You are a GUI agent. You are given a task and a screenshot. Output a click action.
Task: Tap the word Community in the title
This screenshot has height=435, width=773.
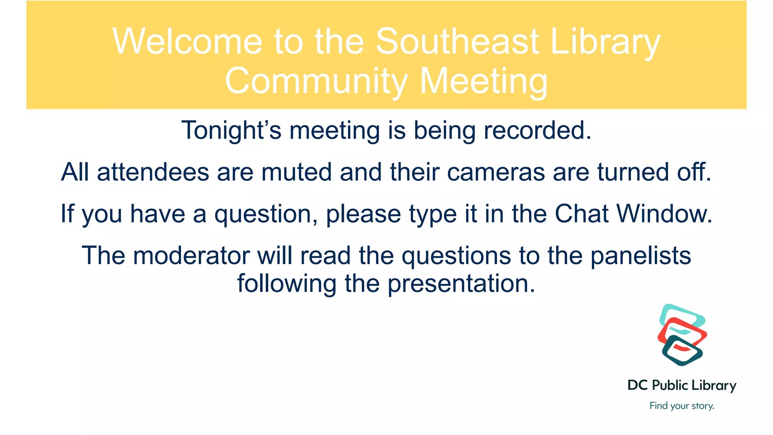coord(316,82)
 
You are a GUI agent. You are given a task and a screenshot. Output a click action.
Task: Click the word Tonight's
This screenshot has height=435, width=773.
coord(231,131)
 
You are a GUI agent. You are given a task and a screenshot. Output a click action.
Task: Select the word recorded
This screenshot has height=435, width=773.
coord(537,131)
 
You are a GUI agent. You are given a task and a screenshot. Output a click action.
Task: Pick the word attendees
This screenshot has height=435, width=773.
coord(153,172)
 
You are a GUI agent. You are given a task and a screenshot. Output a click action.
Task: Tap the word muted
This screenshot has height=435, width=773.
coord(296,172)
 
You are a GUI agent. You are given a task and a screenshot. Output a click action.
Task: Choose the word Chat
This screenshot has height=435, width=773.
coord(581,214)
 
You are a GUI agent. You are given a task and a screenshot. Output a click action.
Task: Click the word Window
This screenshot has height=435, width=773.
coord(664,214)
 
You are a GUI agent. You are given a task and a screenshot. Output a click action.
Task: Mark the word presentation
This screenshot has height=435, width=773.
coord(461,284)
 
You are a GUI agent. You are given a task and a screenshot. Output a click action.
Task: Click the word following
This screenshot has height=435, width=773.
coord(286,284)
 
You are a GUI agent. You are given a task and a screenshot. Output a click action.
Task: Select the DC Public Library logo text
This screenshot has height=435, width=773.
coord(682,386)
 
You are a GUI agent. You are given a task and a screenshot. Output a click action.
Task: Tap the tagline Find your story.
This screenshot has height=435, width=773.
coord(682,406)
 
